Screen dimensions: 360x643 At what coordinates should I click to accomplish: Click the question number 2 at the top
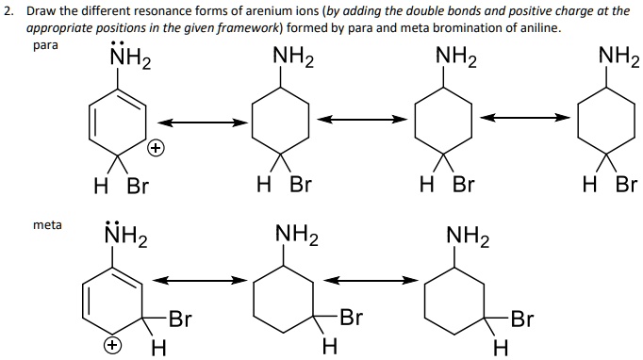tap(8, 10)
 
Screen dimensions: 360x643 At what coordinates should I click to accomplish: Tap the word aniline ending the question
tap(540, 27)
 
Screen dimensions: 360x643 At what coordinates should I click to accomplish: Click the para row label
tap(45, 44)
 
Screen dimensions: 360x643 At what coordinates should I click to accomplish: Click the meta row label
tap(47, 224)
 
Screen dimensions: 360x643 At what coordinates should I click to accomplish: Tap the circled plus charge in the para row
tap(157, 149)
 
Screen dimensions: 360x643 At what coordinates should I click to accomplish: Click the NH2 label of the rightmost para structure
tap(618, 62)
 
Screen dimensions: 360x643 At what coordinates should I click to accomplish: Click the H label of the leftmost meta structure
tap(157, 349)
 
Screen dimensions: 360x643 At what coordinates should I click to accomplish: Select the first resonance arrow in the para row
tap(203, 123)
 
